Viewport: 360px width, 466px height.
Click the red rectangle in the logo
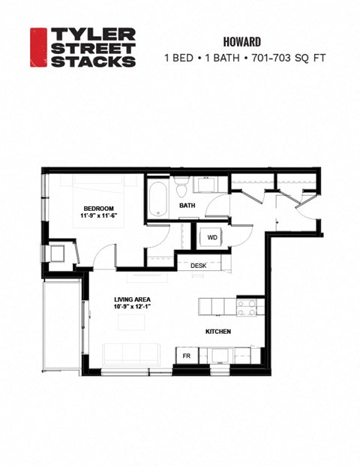[38, 47]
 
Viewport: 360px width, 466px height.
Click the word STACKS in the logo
[93, 61]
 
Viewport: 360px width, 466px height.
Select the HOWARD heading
[241, 41]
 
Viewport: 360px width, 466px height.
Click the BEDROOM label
[98, 208]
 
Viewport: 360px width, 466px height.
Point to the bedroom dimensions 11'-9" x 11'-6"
[98, 216]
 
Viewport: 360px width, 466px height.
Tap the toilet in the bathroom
[181, 185]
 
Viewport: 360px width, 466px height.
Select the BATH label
[187, 205]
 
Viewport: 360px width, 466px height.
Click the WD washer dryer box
[212, 238]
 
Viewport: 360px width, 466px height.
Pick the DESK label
[199, 266]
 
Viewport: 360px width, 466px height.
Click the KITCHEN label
[218, 331]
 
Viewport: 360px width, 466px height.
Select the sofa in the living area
[131, 355]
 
